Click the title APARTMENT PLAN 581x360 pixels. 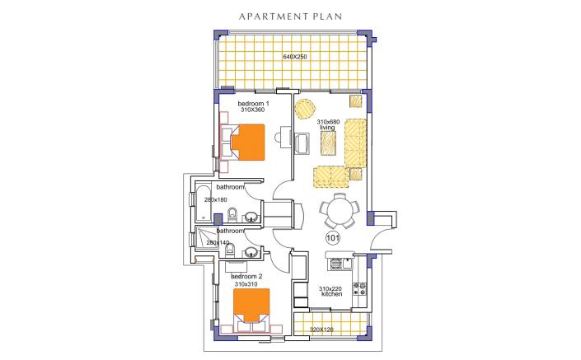pyautogui.click(x=290, y=15)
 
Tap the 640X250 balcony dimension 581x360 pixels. pyautogui.click(x=295, y=57)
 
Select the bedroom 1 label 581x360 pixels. pyautogui.click(x=254, y=103)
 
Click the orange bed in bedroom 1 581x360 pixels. pyautogui.click(x=246, y=141)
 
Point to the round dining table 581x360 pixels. pyautogui.click(x=339, y=212)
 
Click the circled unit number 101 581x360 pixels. pyautogui.click(x=334, y=238)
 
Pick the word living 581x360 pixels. pyautogui.click(x=327, y=128)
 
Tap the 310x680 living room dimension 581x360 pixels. pyautogui.click(x=328, y=121)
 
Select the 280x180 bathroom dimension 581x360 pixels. pyautogui.click(x=215, y=200)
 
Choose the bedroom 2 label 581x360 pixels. pyautogui.click(x=246, y=276)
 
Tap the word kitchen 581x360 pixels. pyautogui.click(x=331, y=294)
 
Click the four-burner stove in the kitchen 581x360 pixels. pyautogui.click(x=360, y=288)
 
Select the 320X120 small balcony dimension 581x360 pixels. pyautogui.click(x=321, y=330)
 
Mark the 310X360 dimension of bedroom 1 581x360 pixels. pyautogui.click(x=254, y=110)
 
